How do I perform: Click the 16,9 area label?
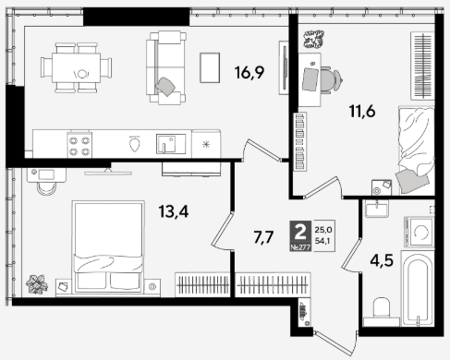(x=249, y=73)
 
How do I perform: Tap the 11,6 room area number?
(x=362, y=111)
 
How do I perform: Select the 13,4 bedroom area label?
(x=174, y=211)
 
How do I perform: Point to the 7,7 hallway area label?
(x=263, y=237)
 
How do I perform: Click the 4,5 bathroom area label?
(x=382, y=261)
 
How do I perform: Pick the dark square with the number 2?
(x=300, y=233)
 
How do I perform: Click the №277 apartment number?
(x=300, y=247)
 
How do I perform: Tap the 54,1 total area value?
(x=322, y=241)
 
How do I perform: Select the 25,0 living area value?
(x=323, y=230)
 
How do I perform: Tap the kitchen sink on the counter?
(x=171, y=144)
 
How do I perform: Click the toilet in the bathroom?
(x=382, y=309)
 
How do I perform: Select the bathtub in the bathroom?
(x=418, y=288)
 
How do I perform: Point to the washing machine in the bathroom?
(x=420, y=232)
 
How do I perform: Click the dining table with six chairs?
(x=76, y=67)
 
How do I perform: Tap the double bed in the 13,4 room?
(x=108, y=246)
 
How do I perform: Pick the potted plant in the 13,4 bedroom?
(x=37, y=284)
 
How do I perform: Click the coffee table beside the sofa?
(x=210, y=67)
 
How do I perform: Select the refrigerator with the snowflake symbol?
(x=206, y=144)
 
